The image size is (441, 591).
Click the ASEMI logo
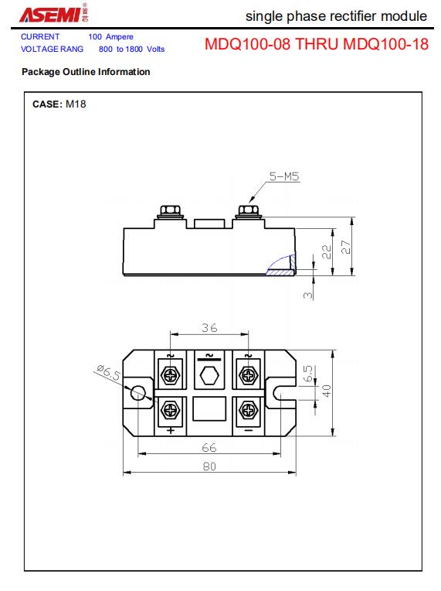click(54, 14)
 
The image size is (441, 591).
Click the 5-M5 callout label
click(284, 176)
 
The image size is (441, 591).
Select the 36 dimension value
click(209, 327)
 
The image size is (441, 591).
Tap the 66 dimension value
click(209, 447)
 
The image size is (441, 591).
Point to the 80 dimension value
click(209, 466)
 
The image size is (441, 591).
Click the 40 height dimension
click(327, 391)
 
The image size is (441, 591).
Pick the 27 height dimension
click(345, 247)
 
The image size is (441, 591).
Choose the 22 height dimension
click(327, 251)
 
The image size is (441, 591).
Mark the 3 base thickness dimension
click(308, 295)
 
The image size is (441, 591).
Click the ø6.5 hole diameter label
click(108, 372)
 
